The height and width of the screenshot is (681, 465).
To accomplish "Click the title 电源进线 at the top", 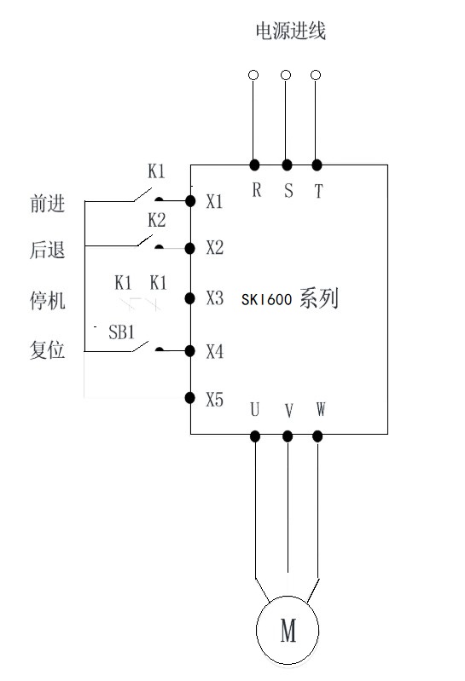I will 291,32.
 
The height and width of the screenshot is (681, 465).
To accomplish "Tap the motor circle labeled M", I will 288,632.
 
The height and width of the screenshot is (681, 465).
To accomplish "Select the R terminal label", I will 256,191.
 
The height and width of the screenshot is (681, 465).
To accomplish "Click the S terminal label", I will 288,191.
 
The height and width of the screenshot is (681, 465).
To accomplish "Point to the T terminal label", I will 318,192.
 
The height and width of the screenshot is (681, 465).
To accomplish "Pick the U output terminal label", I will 254,410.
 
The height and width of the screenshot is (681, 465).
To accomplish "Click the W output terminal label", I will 320,410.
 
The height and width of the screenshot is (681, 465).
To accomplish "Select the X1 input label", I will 215,202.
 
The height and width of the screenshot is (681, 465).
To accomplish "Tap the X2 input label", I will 215,248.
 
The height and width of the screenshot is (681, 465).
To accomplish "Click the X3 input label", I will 215,298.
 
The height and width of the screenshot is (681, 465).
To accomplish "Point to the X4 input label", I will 215,350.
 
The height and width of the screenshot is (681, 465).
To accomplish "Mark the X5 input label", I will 215,398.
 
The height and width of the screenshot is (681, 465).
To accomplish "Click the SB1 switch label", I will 122,332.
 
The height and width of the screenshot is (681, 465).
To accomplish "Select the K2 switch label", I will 156,220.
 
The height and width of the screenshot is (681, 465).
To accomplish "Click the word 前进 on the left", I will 47,205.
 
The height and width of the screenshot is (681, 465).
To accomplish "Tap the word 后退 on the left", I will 47,251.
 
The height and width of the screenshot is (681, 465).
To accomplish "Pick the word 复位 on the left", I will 47,350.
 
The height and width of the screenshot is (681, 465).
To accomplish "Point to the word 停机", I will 47,302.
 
